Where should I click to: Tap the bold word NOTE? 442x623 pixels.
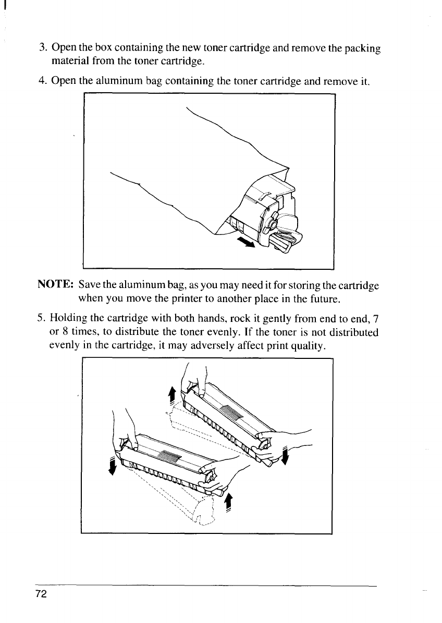[56, 286]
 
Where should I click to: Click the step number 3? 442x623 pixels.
[43, 48]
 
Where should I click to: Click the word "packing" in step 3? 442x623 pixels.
[362, 49]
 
